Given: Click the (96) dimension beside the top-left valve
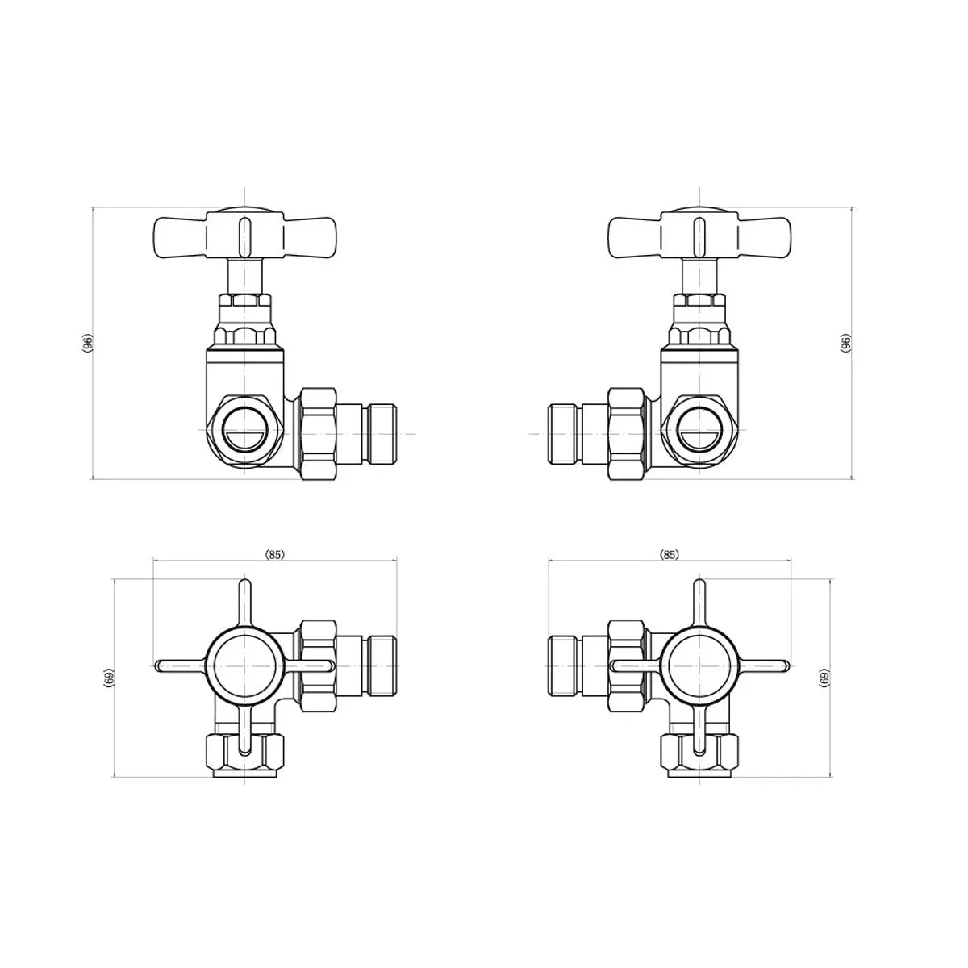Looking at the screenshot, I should tap(88, 343).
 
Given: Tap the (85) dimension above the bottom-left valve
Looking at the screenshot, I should tap(275, 554).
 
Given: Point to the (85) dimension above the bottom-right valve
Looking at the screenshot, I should tap(669, 554).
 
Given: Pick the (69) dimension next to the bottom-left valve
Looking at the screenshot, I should tap(109, 678).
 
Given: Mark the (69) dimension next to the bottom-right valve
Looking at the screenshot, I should tap(824, 678).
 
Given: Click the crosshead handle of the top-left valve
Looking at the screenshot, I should tap(243, 234).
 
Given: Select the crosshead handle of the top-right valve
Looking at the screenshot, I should tap(698, 234).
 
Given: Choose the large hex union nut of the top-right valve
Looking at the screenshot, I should tap(627, 433).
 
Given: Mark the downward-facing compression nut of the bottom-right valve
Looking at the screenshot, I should tap(699, 753).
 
